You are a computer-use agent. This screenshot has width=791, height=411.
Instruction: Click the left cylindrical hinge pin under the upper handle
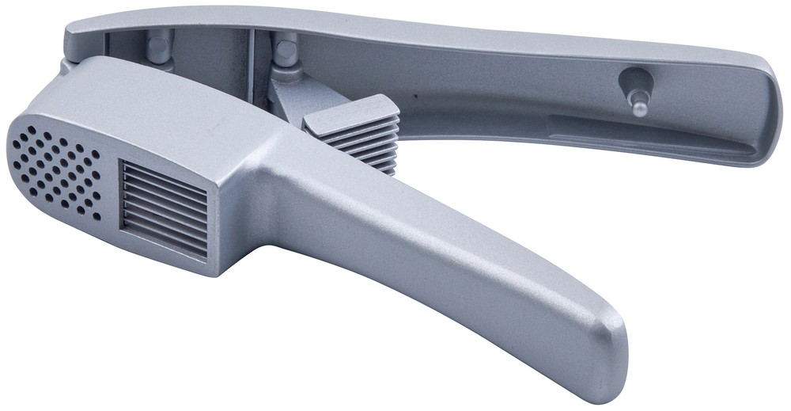tap(159, 50)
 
